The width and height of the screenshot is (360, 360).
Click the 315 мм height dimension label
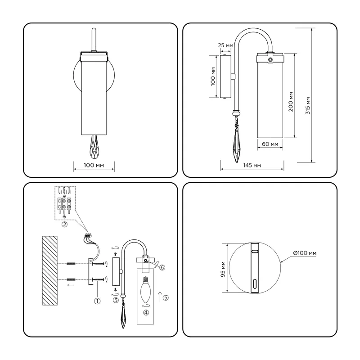pyautogui.click(x=308, y=106)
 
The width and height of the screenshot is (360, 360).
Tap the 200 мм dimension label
pyautogui.click(x=291, y=102)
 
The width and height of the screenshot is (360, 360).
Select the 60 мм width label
pyautogui.click(x=270, y=144)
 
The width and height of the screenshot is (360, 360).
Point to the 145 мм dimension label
pyautogui.click(x=252, y=165)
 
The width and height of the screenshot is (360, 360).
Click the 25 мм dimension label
pyautogui.click(x=225, y=45)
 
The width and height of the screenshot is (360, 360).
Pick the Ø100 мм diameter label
pyautogui.click(x=305, y=253)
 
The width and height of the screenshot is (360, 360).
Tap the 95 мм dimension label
pyautogui.click(x=223, y=269)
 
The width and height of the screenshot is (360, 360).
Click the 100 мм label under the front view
pyautogui.click(x=94, y=165)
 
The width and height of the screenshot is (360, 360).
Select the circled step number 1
pyautogui.click(x=97, y=301)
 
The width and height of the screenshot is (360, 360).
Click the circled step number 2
pyautogui.click(x=64, y=224)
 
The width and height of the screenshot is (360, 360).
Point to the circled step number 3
pyautogui.click(x=116, y=300)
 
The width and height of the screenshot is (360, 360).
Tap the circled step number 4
pyautogui.click(x=146, y=312)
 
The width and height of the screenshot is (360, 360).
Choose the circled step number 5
pyautogui.click(x=166, y=297)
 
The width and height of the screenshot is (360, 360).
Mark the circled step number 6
pyautogui.click(x=162, y=267)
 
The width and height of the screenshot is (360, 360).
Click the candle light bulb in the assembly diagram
pyautogui.click(x=145, y=289)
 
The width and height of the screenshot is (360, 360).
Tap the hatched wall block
pyautogui.click(x=50, y=271)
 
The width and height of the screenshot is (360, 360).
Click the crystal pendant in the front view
pyautogui.click(x=94, y=147)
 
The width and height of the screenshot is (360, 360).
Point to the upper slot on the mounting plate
pyautogui.click(x=255, y=252)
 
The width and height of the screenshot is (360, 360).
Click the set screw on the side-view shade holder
pyautogui.click(x=270, y=60)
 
